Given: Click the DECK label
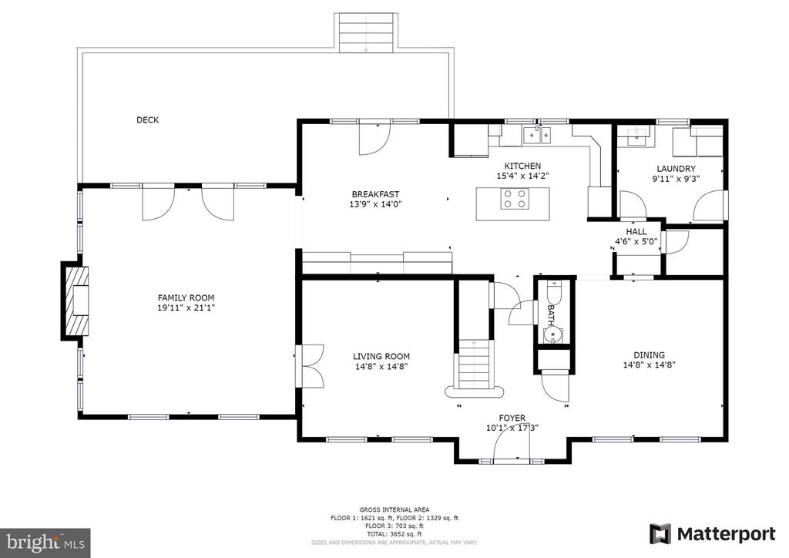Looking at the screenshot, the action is (147, 119).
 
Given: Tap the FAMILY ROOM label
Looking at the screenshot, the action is (186, 297).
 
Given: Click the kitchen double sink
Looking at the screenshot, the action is (537, 136).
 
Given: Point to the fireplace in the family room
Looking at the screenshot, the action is (75, 301).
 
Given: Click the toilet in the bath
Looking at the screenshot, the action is (553, 291).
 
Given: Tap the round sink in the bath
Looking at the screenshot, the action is (552, 334).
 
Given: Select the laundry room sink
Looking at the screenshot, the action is (636, 136).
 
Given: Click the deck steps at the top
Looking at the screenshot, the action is (366, 32).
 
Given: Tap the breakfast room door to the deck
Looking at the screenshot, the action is (374, 137).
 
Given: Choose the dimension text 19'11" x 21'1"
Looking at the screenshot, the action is (186, 308).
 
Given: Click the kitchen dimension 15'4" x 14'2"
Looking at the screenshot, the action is (523, 176).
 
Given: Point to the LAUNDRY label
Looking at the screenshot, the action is (676, 169).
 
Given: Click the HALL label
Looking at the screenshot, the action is (636, 231).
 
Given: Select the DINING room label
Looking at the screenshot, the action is (649, 355).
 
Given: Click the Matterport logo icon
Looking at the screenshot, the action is (660, 534).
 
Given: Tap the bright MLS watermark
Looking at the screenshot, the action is (45, 543).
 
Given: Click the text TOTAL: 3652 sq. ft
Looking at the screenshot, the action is (394, 534).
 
